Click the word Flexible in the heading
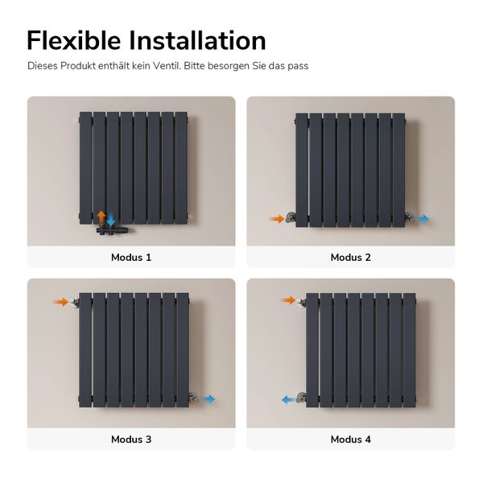point(73,41)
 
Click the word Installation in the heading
point(197,41)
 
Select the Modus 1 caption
point(131,258)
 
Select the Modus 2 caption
point(350,258)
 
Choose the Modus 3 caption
point(131,440)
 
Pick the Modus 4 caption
point(350,440)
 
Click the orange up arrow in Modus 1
point(101,217)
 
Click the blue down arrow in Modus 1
point(111,219)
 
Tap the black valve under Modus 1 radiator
point(113,229)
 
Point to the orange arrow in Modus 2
point(277,219)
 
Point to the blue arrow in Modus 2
point(421,219)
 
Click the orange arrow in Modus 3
point(60,302)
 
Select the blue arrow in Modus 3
point(208,399)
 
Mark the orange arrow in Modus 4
point(288,300)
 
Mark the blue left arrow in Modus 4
point(289,400)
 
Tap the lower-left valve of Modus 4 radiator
point(301,398)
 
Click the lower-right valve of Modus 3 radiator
point(194,397)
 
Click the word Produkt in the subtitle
point(78,66)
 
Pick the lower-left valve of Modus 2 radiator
point(291,217)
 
